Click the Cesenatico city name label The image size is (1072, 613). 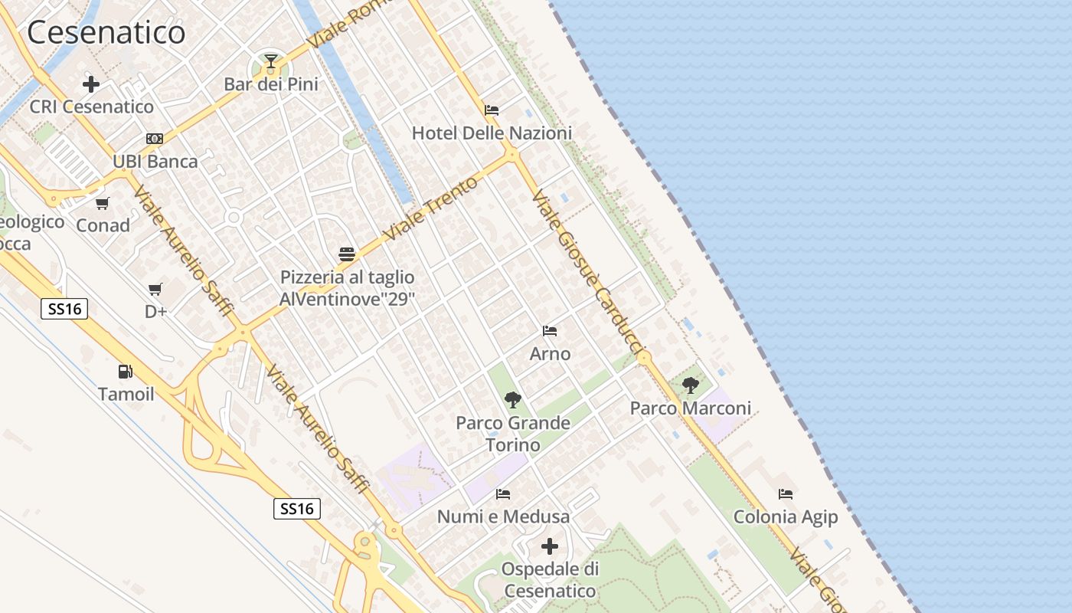[x=106, y=32]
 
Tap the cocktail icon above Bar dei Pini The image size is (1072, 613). [x=270, y=61]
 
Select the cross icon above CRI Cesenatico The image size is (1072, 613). [x=91, y=84]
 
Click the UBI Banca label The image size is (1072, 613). [x=155, y=162]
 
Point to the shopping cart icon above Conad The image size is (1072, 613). [x=102, y=203]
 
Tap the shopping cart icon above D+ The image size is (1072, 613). [x=155, y=289]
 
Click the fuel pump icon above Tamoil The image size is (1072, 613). [x=125, y=372]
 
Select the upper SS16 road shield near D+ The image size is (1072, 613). [x=64, y=309]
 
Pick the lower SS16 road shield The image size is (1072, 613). [x=297, y=509]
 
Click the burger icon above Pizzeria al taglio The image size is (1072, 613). [x=347, y=254]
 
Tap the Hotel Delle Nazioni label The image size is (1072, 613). [x=492, y=133]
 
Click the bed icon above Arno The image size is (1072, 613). [x=550, y=331]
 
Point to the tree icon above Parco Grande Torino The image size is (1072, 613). [x=513, y=399]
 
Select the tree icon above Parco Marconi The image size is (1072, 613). [x=691, y=385]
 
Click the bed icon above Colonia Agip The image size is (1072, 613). [x=786, y=494]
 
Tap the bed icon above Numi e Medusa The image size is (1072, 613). [x=503, y=494]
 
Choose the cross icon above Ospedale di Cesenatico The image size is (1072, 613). [x=550, y=546]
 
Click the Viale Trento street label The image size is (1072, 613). [x=431, y=208]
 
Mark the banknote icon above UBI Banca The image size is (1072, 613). [x=155, y=139]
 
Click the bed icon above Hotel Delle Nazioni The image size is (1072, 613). [x=492, y=110]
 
